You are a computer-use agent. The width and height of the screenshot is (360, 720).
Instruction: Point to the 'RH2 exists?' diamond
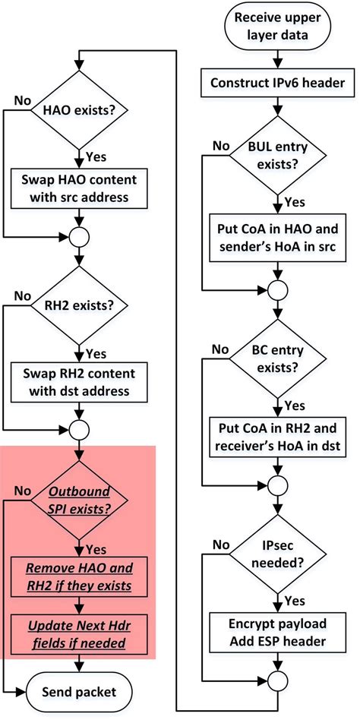pyautogui.click(x=80, y=308)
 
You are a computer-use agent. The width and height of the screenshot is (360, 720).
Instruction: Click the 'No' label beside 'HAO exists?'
pyautogui.click(x=21, y=101)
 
